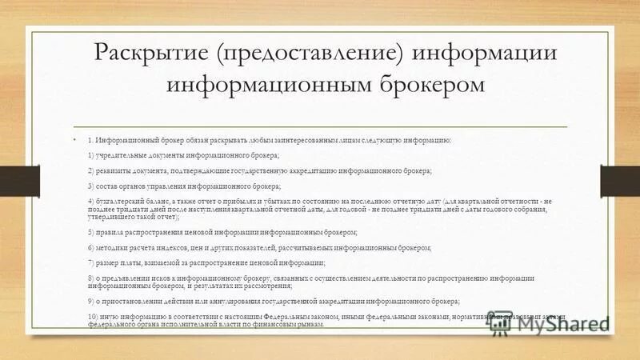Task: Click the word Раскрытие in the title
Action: click(153, 54)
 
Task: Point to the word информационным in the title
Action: click(258, 84)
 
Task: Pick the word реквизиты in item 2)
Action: click(118, 170)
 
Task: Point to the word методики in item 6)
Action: click(116, 248)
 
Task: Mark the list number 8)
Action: click(90, 278)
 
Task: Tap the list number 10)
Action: click(93, 317)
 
